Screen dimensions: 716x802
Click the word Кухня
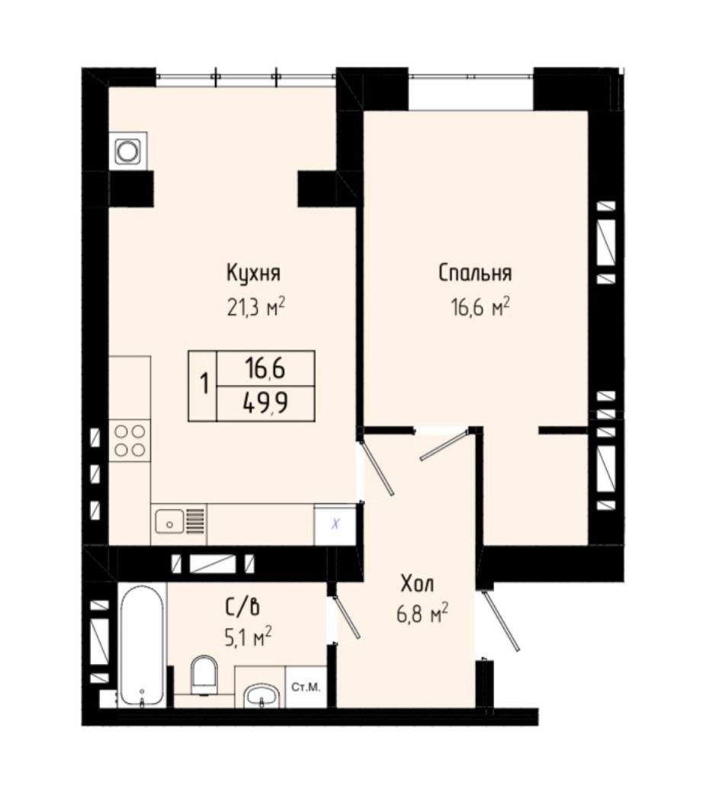coord(253,273)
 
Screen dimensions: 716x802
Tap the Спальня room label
coord(475,273)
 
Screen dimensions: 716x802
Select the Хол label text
coord(417,584)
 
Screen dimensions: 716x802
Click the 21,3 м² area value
coord(255,308)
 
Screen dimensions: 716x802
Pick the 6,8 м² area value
coord(422,614)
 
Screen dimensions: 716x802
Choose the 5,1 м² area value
coord(248,638)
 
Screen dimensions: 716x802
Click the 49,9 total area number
coord(266,404)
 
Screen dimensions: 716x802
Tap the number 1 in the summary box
coord(204,383)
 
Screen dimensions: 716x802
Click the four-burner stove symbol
coord(130,441)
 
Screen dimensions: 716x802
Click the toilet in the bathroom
coord(204,675)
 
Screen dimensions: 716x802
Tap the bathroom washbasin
coord(262,695)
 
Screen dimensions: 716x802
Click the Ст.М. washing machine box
coord(306,687)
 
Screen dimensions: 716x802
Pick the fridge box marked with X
coord(335,525)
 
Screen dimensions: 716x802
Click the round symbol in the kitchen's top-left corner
coord(127,151)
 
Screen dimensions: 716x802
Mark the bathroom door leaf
coord(346,616)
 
